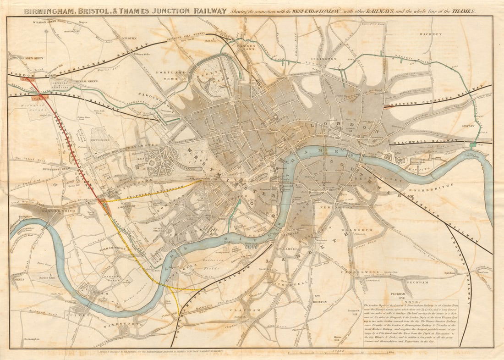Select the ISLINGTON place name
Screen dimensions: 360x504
click(326, 59)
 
